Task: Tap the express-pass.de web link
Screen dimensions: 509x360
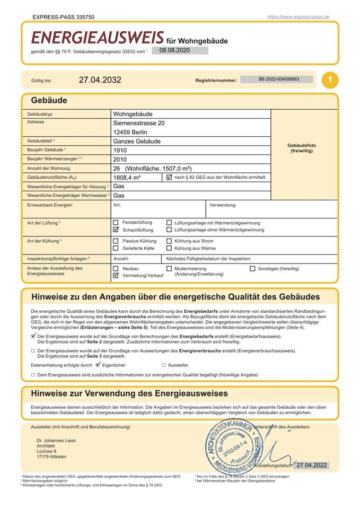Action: pos(298,17)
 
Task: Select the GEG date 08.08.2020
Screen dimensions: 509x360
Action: pos(174,50)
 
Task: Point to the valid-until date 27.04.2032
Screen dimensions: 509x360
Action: pos(100,81)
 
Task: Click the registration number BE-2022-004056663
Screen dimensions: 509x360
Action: pos(278,80)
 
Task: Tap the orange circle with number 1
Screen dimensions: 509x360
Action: pos(330,80)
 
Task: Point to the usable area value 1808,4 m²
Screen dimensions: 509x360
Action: pos(127,178)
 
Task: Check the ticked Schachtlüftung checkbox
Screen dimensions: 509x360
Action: pos(116,230)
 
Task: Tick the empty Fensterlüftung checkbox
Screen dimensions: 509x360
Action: pos(116,223)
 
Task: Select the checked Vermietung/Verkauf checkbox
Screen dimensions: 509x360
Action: pos(116,276)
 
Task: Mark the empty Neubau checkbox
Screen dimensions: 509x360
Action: pos(116,269)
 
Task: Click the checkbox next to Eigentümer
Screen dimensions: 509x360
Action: pos(98,365)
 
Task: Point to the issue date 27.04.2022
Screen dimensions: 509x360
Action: pos(311,466)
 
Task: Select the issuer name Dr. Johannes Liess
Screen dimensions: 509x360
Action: pos(56,441)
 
